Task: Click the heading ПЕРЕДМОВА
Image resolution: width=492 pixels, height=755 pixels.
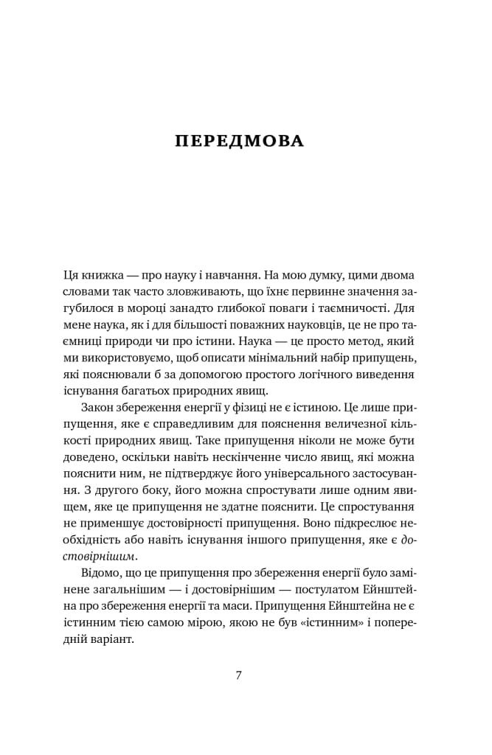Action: point(239,141)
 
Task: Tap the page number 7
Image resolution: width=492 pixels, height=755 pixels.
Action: point(238,675)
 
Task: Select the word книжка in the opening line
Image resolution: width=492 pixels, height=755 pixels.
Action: point(103,275)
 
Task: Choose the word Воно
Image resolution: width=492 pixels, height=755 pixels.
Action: point(305,524)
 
